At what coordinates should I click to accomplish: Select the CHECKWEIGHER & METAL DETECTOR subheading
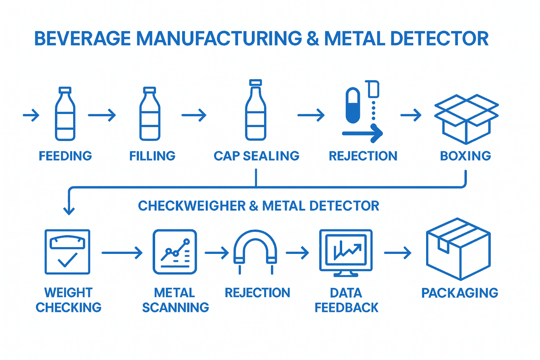pos(259,205)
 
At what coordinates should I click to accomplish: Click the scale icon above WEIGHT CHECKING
pos(67,251)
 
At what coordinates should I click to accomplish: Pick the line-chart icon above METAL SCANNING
pos(175,251)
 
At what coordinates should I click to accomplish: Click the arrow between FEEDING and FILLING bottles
pos(102,115)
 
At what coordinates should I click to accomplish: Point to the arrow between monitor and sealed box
pos(398,253)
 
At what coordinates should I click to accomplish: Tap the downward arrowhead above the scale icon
pos(69,210)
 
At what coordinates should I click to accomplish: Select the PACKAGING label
pos(459,293)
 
